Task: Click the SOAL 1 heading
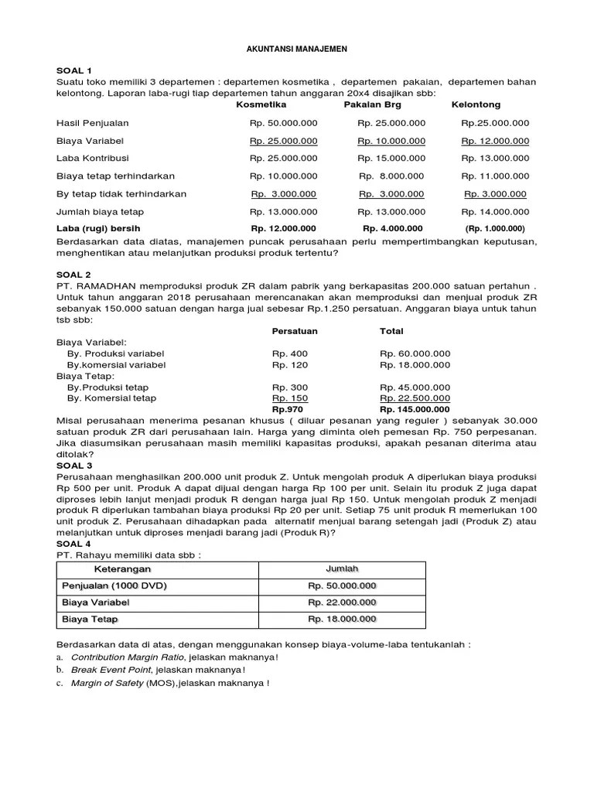point(74,70)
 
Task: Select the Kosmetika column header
point(261,104)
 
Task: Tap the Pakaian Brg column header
point(374,104)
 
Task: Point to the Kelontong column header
point(476,104)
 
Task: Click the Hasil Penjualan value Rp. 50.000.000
point(283,123)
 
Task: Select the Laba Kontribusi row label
point(90,158)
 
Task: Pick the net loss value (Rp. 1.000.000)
point(495,228)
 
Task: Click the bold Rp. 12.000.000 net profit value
point(283,228)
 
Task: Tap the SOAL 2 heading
point(74,275)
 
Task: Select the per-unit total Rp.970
point(288,409)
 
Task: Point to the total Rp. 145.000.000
point(415,409)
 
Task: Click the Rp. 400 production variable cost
point(290,353)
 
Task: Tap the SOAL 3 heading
point(74,466)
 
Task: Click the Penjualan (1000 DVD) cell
point(114,585)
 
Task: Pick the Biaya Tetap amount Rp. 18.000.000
point(342,620)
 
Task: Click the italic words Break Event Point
point(111,670)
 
